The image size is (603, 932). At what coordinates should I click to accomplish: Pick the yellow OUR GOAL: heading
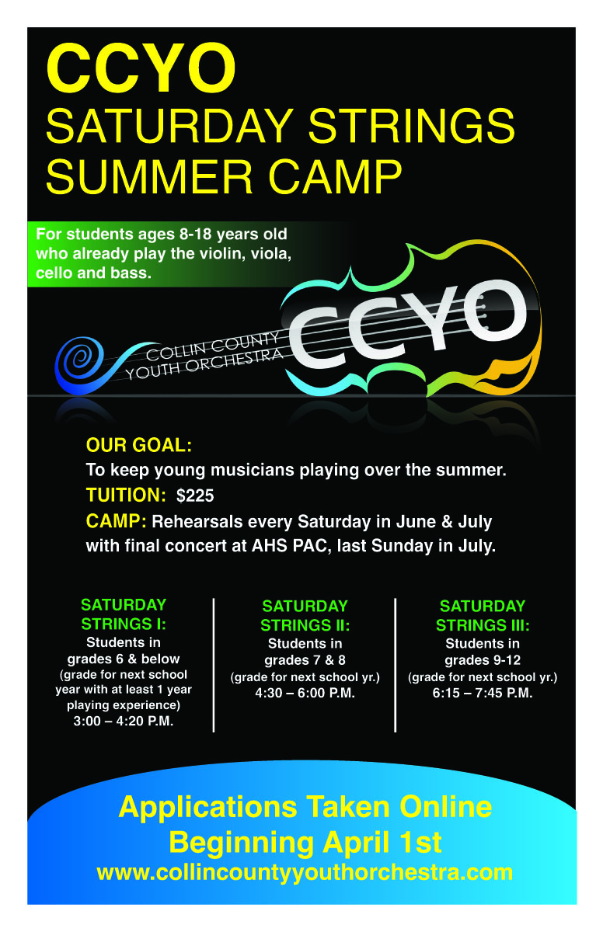(x=138, y=446)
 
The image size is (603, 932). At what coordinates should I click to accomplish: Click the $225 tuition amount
(x=195, y=496)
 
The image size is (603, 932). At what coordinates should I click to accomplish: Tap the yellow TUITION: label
(x=126, y=496)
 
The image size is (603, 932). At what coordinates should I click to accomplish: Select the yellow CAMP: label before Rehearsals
(x=117, y=520)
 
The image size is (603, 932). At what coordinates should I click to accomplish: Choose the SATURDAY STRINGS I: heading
(x=124, y=614)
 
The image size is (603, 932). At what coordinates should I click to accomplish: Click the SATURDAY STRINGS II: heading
(x=305, y=615)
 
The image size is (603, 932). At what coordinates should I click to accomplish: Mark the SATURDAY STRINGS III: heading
(x=483, y=615)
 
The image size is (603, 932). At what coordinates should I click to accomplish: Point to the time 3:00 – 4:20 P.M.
(x=124, y=722)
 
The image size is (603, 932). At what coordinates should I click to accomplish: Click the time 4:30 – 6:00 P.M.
(x=305, y=694)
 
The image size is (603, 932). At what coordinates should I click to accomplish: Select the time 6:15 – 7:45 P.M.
(x=483, y=694)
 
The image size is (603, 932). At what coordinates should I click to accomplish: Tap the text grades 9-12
(x=483, y=660)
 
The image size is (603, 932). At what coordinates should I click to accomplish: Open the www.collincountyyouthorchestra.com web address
(x=305, y=872)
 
